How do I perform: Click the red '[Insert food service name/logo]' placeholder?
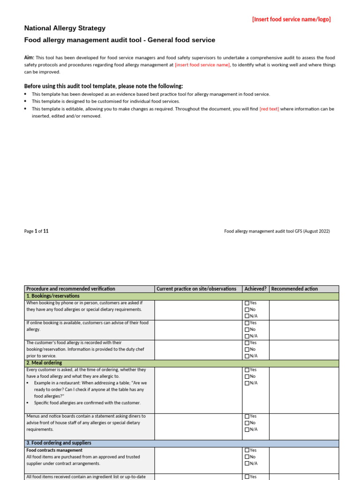pos(291,19)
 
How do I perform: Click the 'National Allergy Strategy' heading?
pos(65,28)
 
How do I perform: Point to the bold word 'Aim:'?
pos(29,57)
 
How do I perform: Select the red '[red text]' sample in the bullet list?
pos(269,109)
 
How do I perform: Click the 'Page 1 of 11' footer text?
pos(36,231)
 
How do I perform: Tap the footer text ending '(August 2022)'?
pos(277,231)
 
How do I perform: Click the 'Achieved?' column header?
pos(255,289)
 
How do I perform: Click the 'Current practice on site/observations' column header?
pos(196,289)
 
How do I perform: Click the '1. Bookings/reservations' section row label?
pos(53,296)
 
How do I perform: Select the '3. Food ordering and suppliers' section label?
pos(59,443)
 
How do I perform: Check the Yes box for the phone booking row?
pos(247,303)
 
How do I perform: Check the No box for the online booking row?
pos(247,330)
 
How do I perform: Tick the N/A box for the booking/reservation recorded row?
pos(247,356)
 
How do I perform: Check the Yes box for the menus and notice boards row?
pos(247,416)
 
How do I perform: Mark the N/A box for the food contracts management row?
pos(247,464)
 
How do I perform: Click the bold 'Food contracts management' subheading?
pos(54,450)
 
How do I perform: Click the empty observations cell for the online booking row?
pos(198,330)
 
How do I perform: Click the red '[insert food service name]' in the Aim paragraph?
pos(202,65)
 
